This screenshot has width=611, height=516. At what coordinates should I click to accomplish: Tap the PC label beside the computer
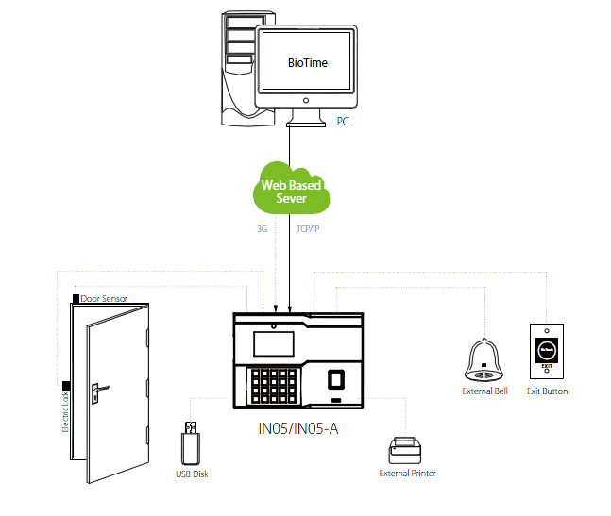343,121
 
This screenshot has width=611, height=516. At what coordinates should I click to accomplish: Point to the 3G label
262,228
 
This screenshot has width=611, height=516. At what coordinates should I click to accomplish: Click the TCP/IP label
309,228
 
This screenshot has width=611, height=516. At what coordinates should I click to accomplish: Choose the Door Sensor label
104,298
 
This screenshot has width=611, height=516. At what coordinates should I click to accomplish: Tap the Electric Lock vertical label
65,410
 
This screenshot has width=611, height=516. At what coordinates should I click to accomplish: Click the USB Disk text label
192,474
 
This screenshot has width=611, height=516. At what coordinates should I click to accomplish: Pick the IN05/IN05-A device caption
299,431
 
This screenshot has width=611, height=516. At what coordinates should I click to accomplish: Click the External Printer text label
408,474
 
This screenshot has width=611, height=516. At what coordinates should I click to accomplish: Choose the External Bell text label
484,391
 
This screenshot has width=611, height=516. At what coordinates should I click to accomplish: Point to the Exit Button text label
548,391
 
